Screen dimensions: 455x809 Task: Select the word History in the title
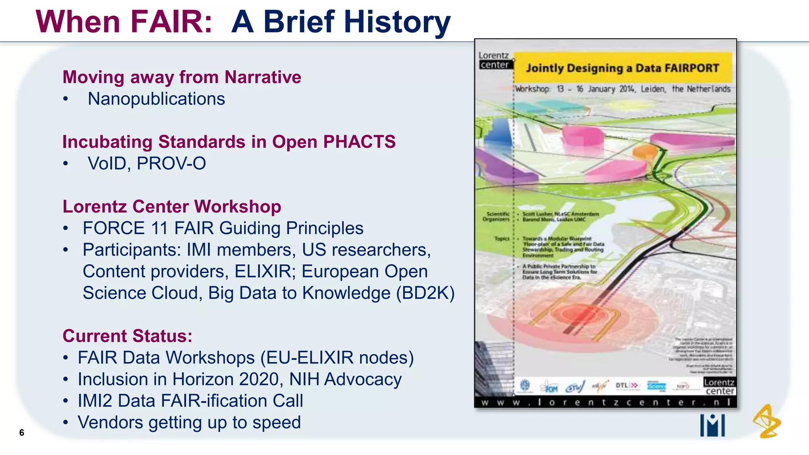pos(397,23)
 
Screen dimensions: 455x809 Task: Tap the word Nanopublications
pos(156,99)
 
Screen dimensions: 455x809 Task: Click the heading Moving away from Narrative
pos(182,77)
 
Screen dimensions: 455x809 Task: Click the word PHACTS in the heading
pos(359,142)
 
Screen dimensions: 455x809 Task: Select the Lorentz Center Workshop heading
pos(172,207)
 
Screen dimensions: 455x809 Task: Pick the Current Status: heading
pos(127,336)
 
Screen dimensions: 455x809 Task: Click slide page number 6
pos(22,432)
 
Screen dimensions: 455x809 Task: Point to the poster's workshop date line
pos(623,89)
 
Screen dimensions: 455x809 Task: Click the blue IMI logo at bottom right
pos(712,425)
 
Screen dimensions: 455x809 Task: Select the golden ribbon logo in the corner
pos(767,421)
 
